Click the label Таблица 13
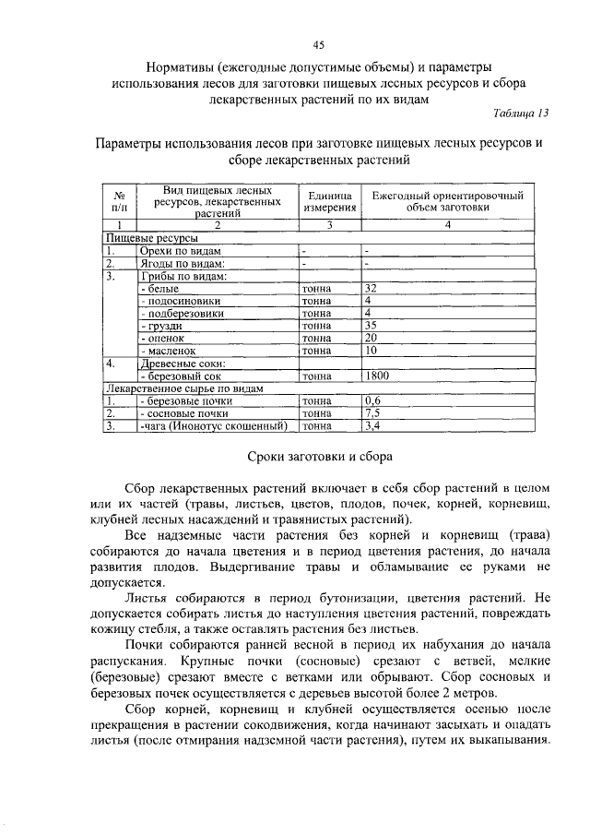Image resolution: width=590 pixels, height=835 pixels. click(520, 113)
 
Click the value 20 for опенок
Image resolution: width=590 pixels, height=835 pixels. click(372, 339)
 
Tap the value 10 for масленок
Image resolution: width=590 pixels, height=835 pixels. click(372, 351)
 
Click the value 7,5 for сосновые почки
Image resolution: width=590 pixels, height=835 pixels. click(372, 414)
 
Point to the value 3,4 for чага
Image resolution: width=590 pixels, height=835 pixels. click(372, 426)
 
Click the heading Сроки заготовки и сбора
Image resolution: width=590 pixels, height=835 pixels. click(321, 457)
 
